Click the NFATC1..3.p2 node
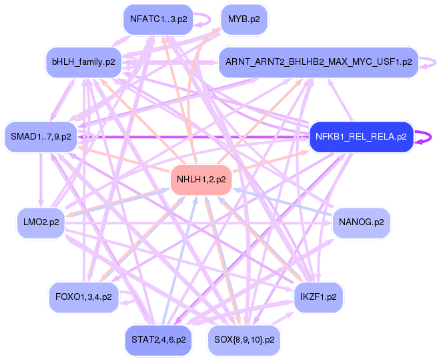click(x=157, y=19)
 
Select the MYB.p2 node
click(x=244, y=19)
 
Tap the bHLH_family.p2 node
click(x=83, y=62)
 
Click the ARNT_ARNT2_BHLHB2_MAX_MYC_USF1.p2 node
click(x=318, y=62)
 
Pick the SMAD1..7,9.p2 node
click(x=41, y=137)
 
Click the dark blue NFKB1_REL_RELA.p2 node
click(x=360, y=137)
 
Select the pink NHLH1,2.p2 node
click(x=201, y=179)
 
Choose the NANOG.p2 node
click(x=361, y=222)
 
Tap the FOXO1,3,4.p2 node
click(x=83, y=297)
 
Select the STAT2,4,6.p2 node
click(x=158, y=339)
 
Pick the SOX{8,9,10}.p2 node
click(x=244, y=339)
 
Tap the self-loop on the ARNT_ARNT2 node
click(x=432, y=62)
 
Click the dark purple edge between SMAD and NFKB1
click(x=193, y=137)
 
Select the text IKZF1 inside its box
click(x=313, y=297)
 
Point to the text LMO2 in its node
click(x=35, y=222)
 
